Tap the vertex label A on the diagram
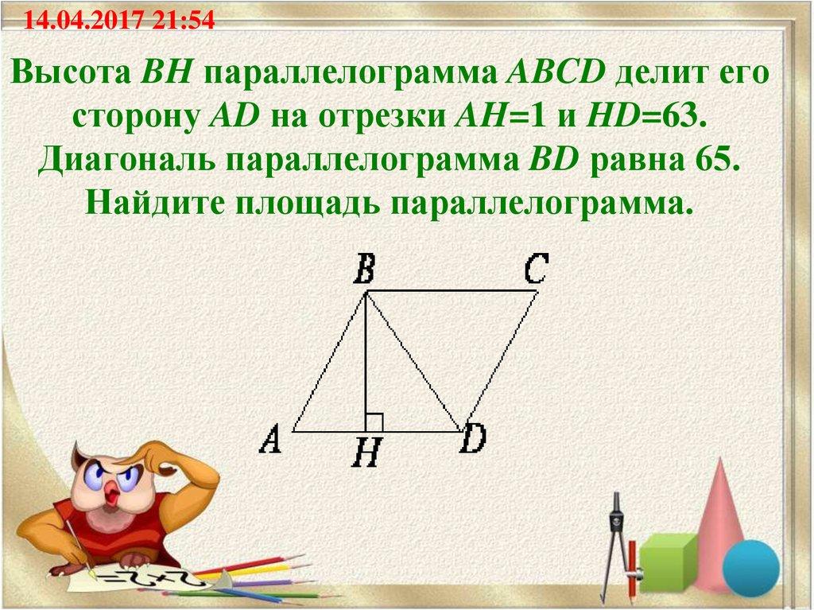click(x=271, y=438)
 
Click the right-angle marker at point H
click(x=374, y=422)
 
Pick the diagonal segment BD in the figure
click(x=413, y=362)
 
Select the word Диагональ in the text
click(x=127, y=161)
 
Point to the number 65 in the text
click(x=710, y=161)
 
